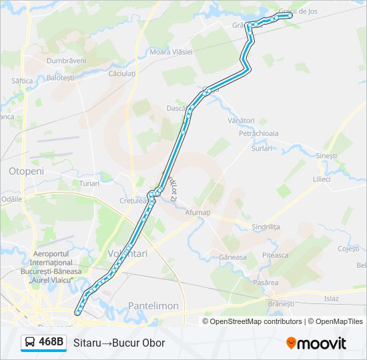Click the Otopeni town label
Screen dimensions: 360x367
26,171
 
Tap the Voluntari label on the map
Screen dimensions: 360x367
127,253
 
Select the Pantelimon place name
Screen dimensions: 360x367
153,305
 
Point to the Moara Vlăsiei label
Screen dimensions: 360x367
171,52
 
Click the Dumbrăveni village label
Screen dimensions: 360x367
66,60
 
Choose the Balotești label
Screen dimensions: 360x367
61,78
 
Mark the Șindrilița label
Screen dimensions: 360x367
266,227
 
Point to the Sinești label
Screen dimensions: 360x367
326,155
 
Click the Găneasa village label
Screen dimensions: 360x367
233,257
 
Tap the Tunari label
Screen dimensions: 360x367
89,183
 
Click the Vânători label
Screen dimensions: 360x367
241,121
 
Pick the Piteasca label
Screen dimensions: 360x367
275,255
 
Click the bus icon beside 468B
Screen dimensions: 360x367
31,343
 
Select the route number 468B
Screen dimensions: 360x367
51,343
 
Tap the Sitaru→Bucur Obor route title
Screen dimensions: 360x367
119,343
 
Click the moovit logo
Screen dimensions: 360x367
316,343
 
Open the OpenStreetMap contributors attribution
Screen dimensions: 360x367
256,321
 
